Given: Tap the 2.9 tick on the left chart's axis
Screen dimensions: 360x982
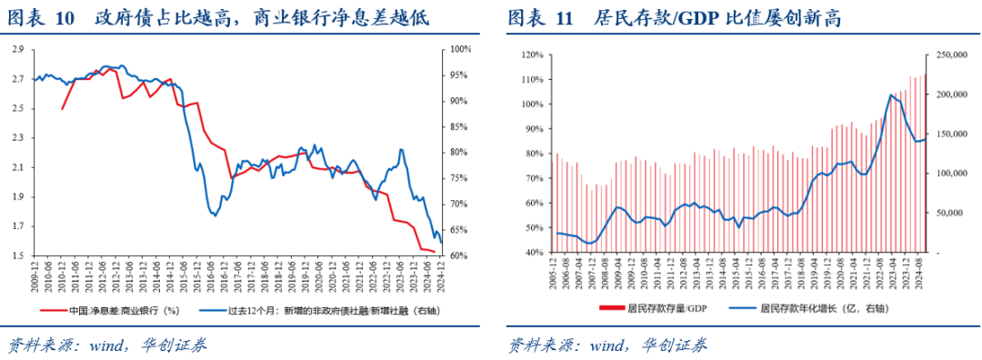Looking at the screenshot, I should pos(18,49).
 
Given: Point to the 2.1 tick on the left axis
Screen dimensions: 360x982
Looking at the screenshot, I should pos(18,167).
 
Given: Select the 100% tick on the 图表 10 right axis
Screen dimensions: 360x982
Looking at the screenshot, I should pos(461,49).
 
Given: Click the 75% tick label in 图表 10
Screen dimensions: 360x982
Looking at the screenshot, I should pos(460,178).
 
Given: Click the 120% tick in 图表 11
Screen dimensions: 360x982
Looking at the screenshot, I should pos(530,55).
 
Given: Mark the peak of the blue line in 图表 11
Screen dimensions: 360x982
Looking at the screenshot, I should pos(892,95).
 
